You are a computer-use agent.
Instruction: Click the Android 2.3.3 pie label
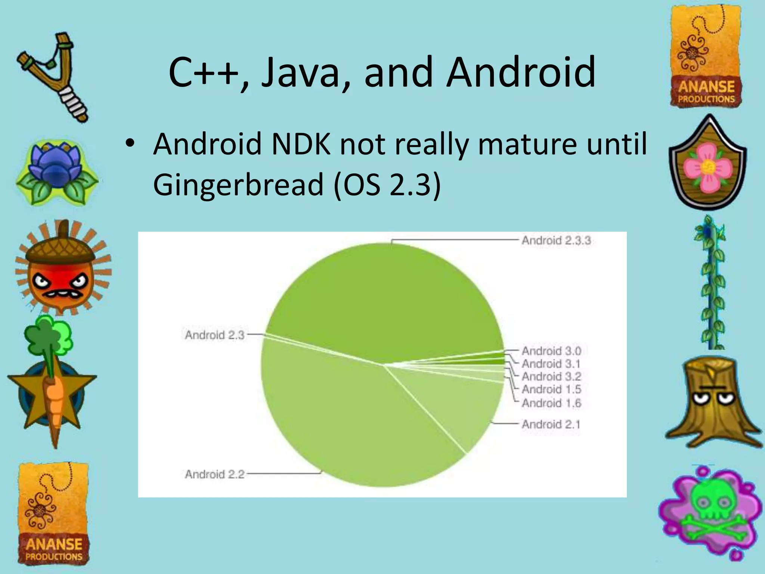pyautogui.click(x=556, y=240)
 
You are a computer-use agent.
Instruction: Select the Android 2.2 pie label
pyautogui.click(x=214, y=474)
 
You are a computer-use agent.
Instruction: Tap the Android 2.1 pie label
pyautogui.click(x=551, y=424)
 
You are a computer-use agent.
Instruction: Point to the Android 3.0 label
pyautogui.click(x=551, y=351)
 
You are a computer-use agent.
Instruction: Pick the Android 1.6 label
pyautogui.click(x=551, y=403)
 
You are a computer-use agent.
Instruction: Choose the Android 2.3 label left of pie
pyautogui.click(x=214, y=335)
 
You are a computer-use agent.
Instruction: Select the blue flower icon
pyautogui.click(x=56, y=172)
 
